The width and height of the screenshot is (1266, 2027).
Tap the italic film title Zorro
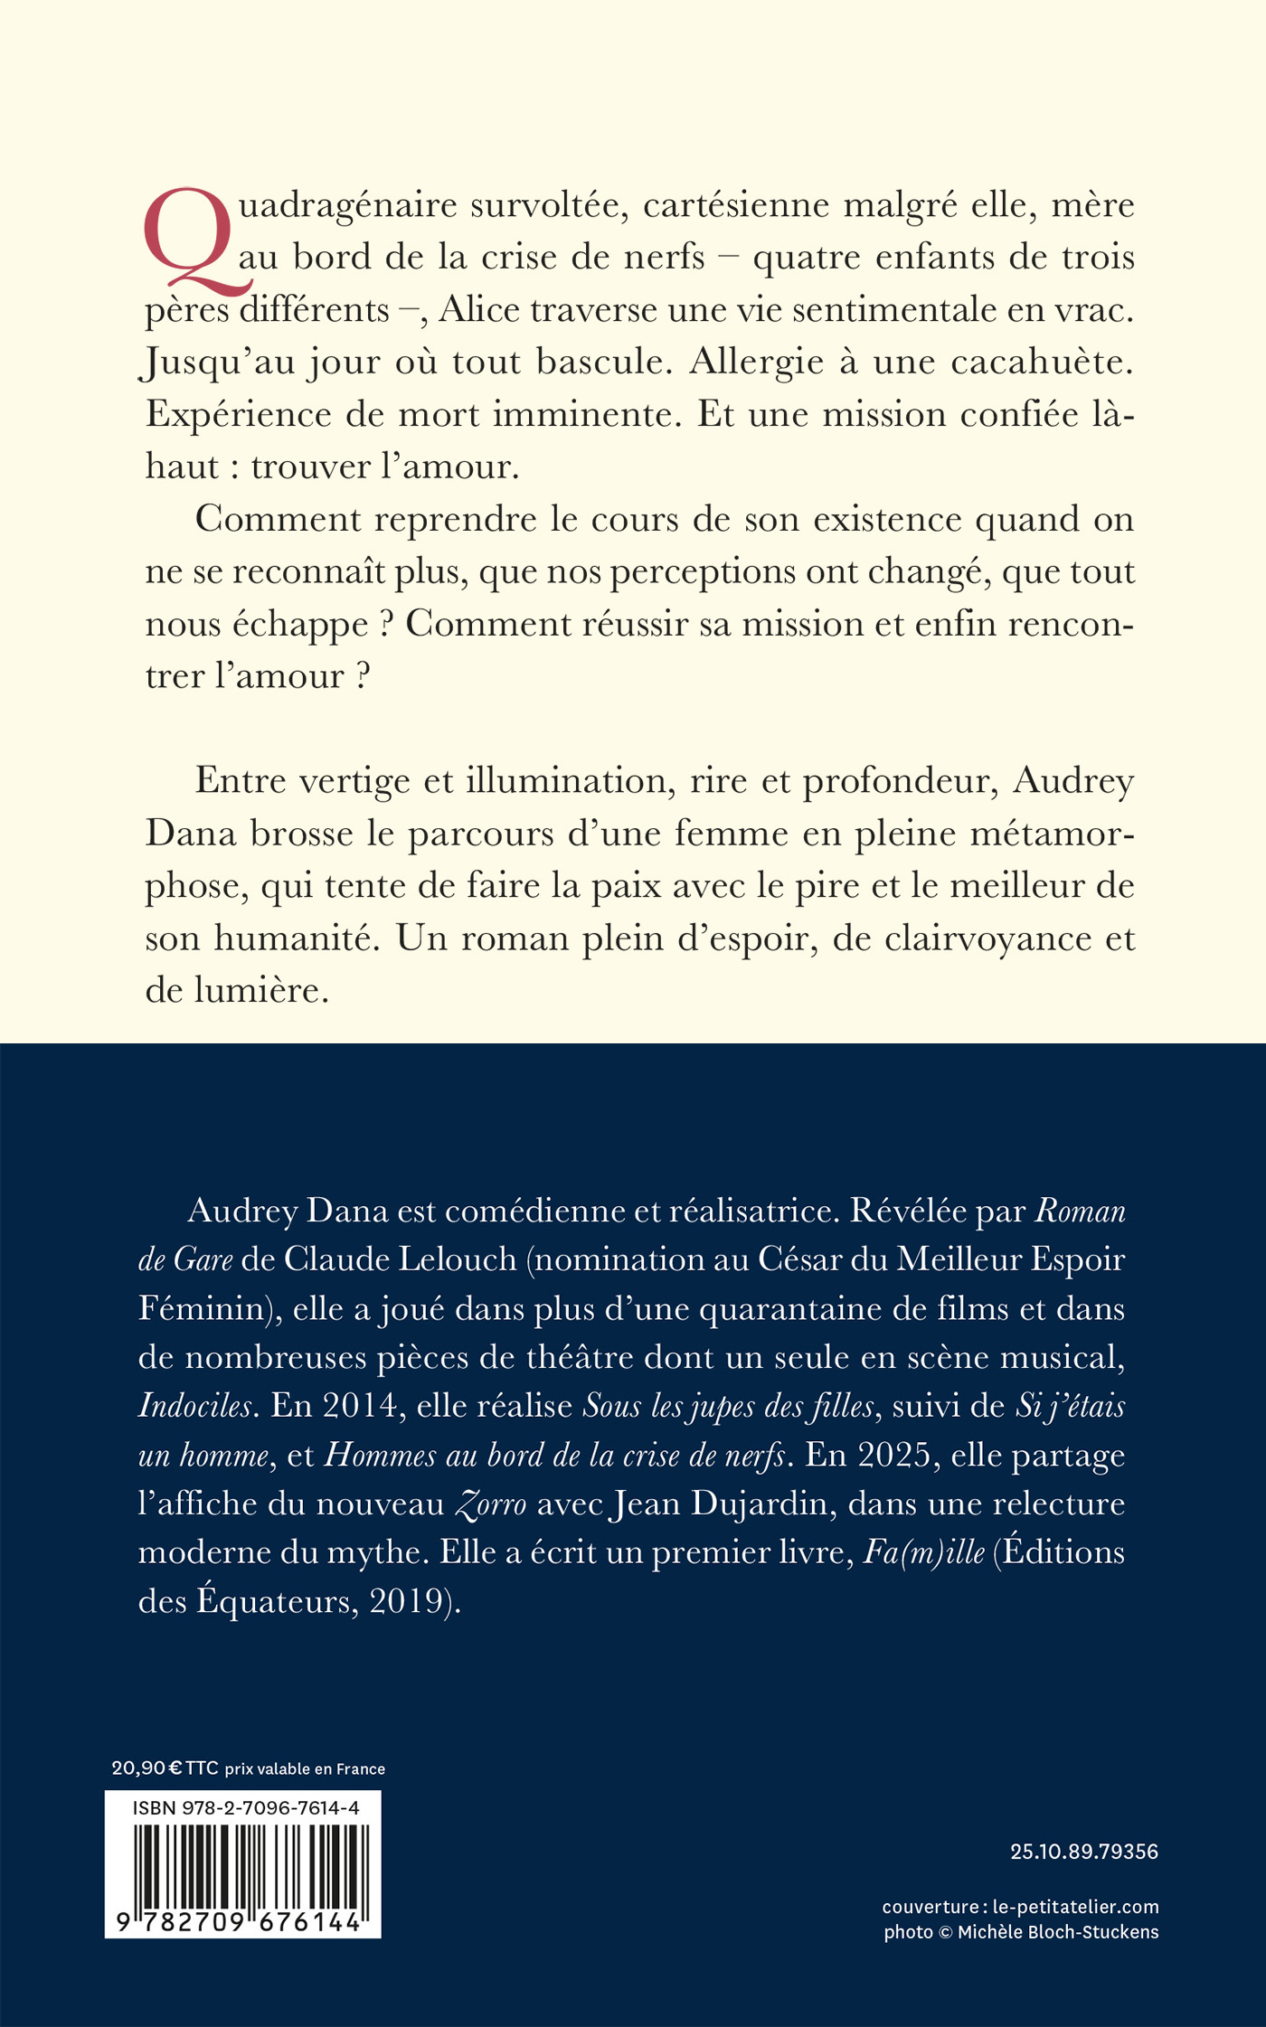(490, 1504)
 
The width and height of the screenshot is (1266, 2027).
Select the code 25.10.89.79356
(1083, 1852)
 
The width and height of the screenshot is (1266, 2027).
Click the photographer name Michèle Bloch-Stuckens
(1057, 1932)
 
